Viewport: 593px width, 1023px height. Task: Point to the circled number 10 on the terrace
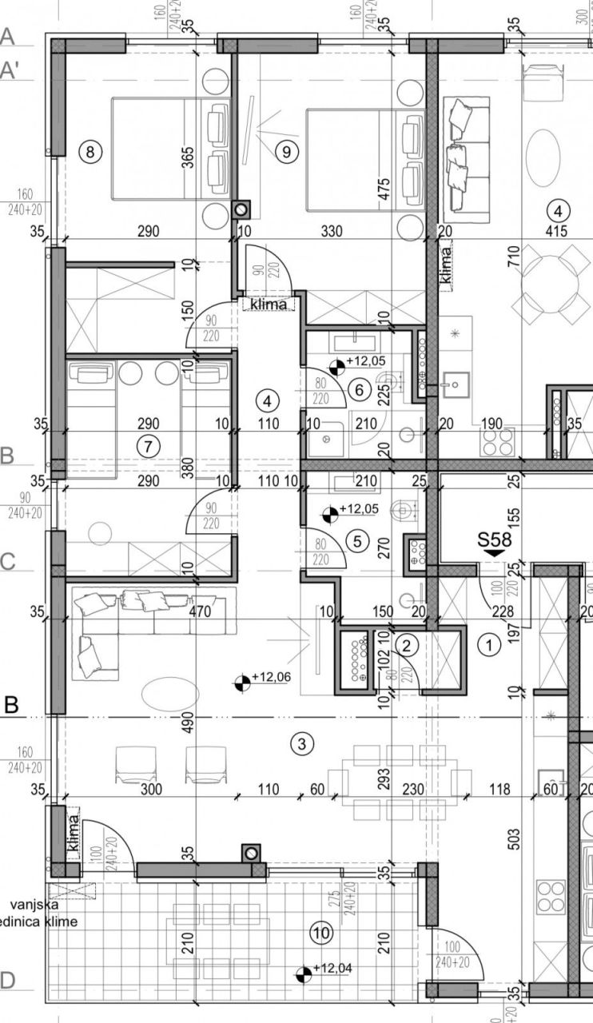click(321, 932)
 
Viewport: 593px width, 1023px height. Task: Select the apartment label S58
click(494, 539)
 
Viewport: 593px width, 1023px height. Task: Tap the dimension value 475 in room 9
click(384, 189)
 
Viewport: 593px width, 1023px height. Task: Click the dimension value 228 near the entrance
click(501, 612)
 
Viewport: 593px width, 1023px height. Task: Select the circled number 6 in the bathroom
click(360, 390)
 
